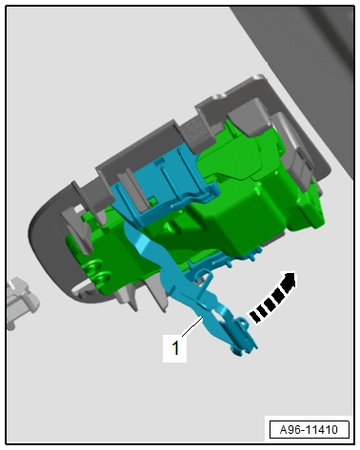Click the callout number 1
tap(175, 347)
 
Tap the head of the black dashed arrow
tap(290, 281)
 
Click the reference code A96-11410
tap(309, 430)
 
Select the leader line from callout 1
tap(192, 327)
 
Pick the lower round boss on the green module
tap(103, 278)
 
